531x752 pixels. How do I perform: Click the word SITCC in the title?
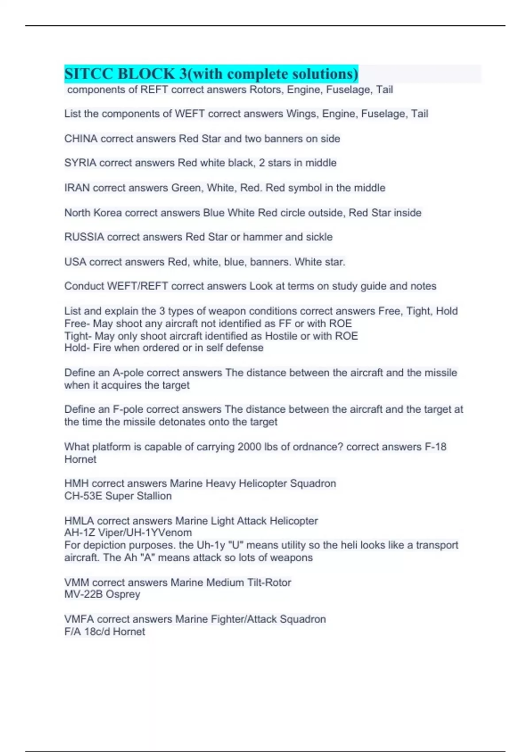tap(88, 73)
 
